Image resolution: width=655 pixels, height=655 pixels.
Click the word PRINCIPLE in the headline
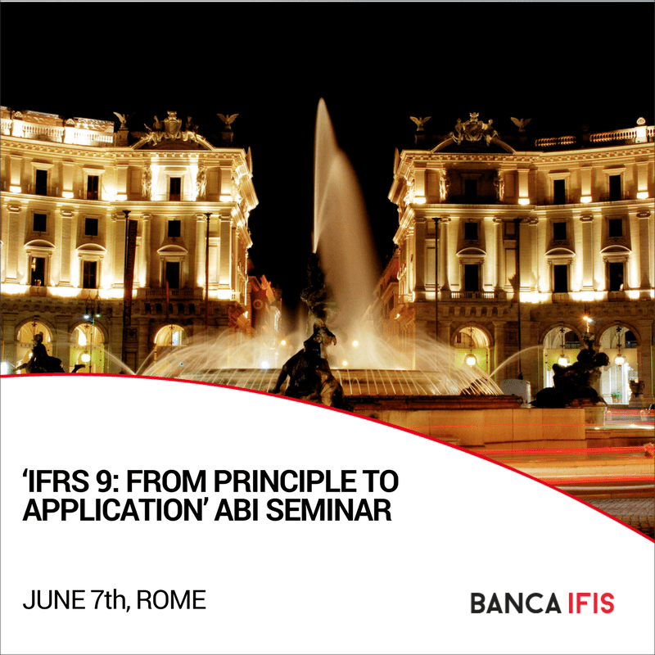click(283, 481)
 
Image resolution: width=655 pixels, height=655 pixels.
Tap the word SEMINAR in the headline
click(329, 509)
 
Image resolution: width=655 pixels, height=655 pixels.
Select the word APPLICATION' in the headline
click(112, 509)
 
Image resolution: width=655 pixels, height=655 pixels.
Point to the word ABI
click(237, 509)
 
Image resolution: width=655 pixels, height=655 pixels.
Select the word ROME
click(171, 600)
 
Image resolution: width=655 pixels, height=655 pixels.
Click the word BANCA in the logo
click(516, 603)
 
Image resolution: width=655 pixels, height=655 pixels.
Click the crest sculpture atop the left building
click(172, 128)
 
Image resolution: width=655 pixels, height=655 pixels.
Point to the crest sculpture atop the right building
click(474, 129)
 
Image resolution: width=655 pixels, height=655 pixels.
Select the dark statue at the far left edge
click(39, 355)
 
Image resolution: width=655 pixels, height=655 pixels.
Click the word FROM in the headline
click(166, 481)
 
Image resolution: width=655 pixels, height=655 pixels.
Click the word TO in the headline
click(379, 481)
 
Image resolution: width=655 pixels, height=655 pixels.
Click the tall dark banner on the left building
click(130, 272)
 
